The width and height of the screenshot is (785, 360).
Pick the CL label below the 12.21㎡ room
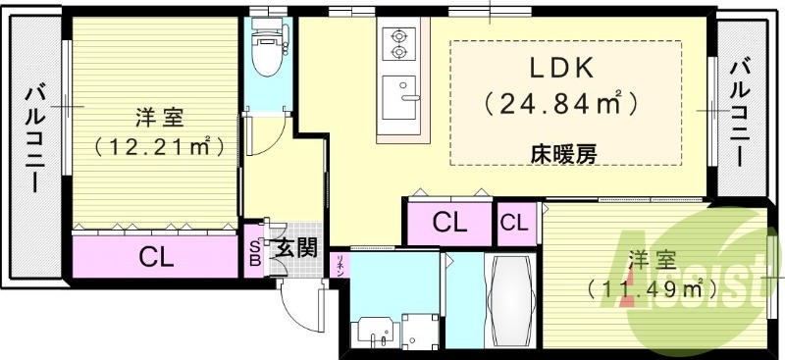pyautogui.click(x=156, y=258)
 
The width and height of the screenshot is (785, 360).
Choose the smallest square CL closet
pyautogui.click(x=513, y=224)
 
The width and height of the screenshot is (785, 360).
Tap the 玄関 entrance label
pyautogui.click(x=294, y=247)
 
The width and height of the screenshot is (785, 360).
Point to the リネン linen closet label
pyautogui.click(x=340, y=266)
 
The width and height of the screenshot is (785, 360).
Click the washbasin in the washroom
pyautogui.click(x=374, y=332)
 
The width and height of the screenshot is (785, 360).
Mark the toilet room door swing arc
pyautogui.click(x=267, y=131)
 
